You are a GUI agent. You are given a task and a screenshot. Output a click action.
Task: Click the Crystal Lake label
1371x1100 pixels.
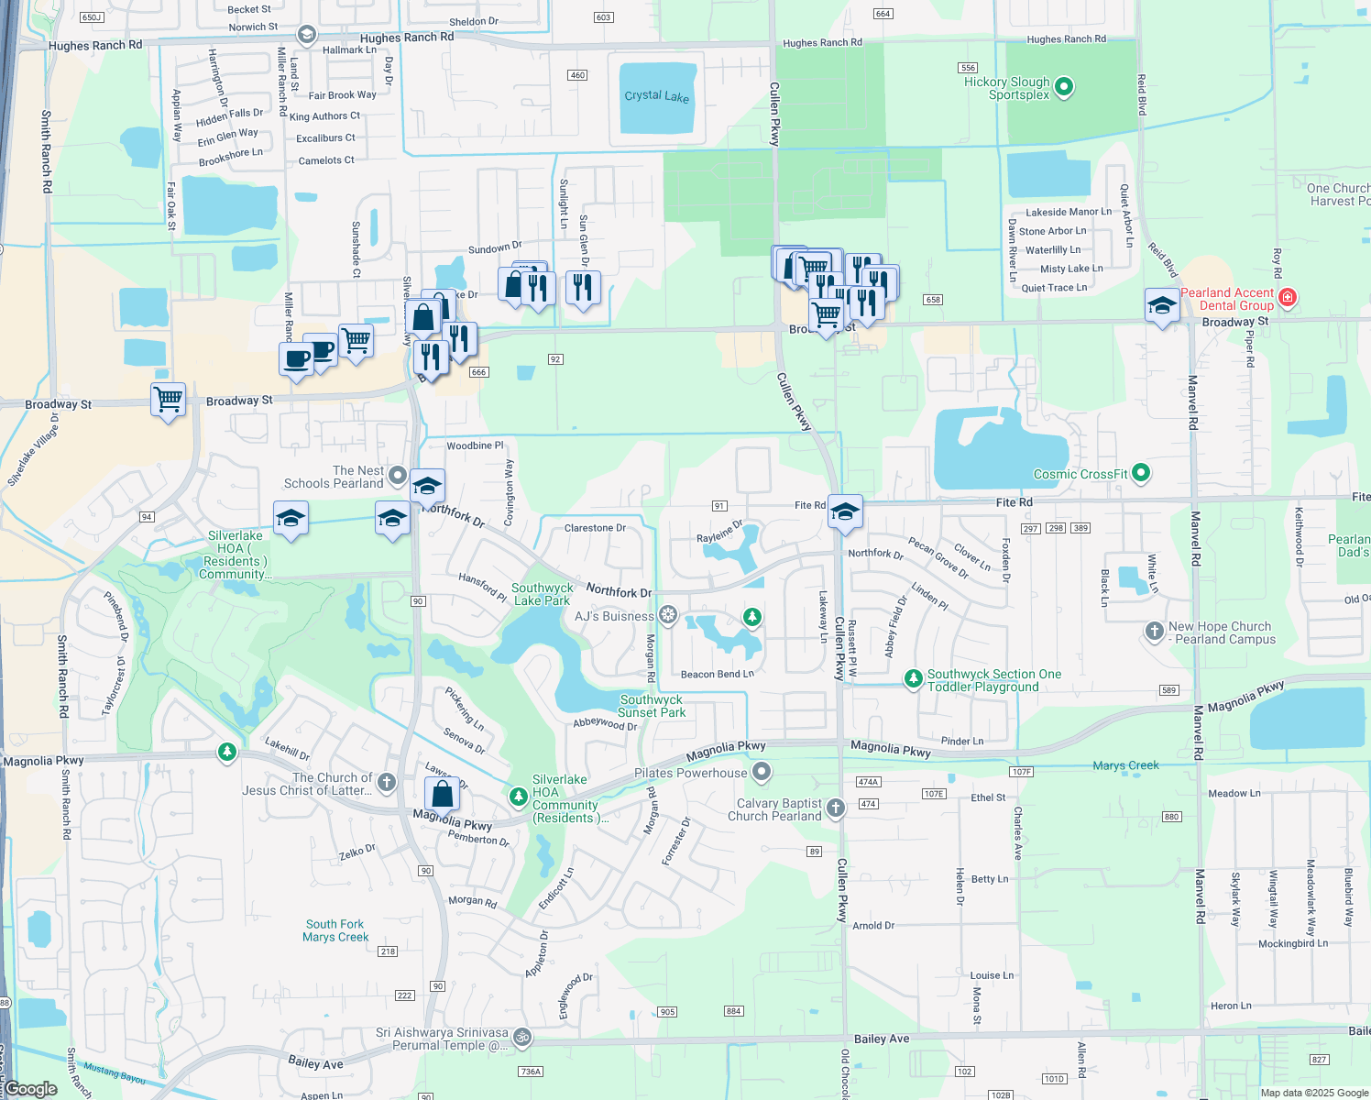click(x=656, y=96)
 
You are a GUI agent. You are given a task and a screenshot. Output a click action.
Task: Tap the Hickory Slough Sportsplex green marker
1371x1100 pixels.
click(x=1064, y=87)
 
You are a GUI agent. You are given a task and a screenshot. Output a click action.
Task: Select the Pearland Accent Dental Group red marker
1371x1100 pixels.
click(x=1288, y=297)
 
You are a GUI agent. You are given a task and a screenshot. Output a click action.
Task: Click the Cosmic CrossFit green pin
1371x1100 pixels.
click(x=1141, y=473)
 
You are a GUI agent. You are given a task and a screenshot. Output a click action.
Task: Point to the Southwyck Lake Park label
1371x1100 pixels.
click(x=542, y=594)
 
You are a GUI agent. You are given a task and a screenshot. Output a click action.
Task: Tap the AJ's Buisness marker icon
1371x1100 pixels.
click(x=669, y=615)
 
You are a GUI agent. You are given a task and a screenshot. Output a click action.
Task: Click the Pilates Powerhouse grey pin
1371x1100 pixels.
click(x=762, y=772)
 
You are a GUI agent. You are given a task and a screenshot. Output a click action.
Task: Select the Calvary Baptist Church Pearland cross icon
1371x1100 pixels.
click(x=835, y=808)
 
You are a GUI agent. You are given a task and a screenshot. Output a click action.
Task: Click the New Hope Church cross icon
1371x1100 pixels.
click(x=1155, y=631)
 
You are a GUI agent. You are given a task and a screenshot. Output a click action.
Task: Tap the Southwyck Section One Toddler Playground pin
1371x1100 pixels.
click(x=913, y=678)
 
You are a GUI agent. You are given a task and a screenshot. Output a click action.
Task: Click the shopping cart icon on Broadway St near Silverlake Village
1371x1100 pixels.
click(x=169, y=400)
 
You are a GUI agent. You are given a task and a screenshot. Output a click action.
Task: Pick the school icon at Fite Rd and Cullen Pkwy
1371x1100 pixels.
click(x=845, y=511)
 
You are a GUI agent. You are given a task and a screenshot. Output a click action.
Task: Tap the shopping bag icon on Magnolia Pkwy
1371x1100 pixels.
click(x=442, y=794)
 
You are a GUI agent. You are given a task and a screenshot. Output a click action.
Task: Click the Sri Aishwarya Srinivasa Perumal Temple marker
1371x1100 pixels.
click(x=521, y=1037)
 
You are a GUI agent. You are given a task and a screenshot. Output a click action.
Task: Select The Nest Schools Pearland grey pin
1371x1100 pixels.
click(x=398, y=475)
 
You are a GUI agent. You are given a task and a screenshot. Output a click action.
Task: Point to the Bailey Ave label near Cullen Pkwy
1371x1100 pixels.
click(x=882, y=1039)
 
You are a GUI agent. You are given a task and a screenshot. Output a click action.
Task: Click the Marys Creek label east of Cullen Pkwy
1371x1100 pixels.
click(x=1125, y=765)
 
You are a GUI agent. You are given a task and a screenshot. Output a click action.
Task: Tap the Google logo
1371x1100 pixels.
click(x=31, y=1089)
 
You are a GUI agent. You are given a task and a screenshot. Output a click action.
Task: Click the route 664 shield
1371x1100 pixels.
click(x=883, y=14)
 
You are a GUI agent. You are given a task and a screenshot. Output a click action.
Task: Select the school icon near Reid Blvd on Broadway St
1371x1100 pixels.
click(x=1162, y=305)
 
